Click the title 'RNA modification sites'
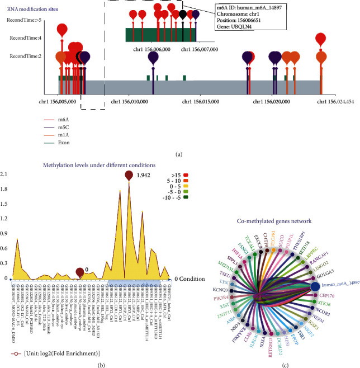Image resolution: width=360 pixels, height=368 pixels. (34, 10)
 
